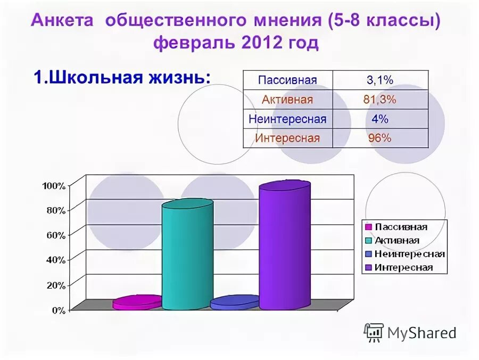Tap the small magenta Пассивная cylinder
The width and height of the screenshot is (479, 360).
[137, 302]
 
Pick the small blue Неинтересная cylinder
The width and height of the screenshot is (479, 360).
[234, 302]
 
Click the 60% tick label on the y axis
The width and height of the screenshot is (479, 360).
[55, 235]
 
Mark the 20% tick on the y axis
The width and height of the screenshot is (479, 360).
[55, 285]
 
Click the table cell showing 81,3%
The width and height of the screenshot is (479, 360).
[381, 100]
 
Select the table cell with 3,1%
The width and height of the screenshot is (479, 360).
[379, 80]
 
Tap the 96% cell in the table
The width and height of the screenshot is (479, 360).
[379, 138]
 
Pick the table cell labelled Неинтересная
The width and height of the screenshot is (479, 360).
[287, 119]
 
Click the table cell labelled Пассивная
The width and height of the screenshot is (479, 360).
[287, 80]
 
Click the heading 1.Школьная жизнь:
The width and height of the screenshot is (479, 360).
[122, 77]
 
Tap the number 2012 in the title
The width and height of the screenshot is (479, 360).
[261, 44]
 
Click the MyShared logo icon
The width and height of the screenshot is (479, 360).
[373, 332]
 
